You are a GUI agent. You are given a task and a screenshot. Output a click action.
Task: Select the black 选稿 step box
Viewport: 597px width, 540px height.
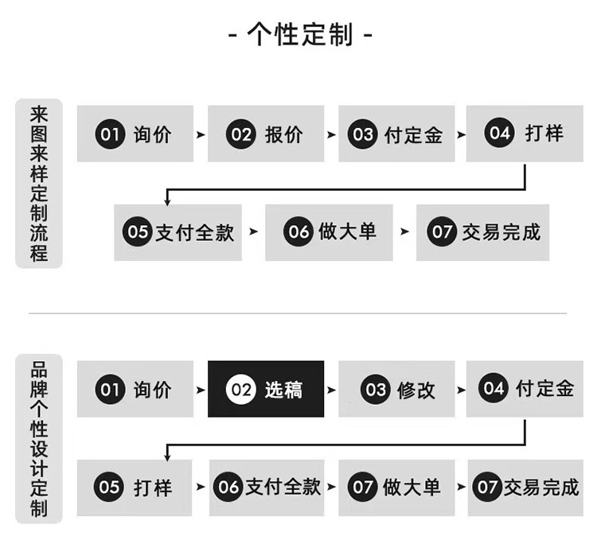(x=266, y=389)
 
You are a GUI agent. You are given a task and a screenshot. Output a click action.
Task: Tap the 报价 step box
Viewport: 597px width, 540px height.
(x=266, y=134)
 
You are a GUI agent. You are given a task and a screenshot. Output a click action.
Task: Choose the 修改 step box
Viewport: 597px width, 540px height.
(x=396, y=389)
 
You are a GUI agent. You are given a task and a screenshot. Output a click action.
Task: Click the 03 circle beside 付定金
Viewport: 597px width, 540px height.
(x=364, y=134)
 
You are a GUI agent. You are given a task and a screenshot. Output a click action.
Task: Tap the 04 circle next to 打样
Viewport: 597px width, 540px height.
(x=500, y=134)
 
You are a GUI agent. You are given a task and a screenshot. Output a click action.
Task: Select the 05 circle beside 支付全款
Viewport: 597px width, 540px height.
(x=138, y=231)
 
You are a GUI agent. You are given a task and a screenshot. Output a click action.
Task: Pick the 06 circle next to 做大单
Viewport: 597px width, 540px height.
(x=299, y=231)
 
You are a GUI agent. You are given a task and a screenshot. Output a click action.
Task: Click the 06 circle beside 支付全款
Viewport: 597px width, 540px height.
(x=229, y=487)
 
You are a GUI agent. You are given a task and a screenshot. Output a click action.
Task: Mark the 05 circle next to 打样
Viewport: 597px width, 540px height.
(x=110, y=487)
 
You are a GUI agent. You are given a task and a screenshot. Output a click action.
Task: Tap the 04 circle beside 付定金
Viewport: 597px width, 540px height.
(x=494, y=389)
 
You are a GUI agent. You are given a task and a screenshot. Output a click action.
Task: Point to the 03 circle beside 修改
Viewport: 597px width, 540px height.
(x=375, y=390)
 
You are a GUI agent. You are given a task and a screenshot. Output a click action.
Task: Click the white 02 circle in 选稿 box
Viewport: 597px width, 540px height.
(x=241, y=390)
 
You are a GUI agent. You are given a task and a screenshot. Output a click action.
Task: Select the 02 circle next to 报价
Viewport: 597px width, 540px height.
(x=241, y=134)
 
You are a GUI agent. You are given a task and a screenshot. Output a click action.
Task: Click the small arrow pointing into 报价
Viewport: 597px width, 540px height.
(x=201, y=135)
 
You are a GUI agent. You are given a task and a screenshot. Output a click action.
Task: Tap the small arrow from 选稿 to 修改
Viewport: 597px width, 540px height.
(x=331, y=390)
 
